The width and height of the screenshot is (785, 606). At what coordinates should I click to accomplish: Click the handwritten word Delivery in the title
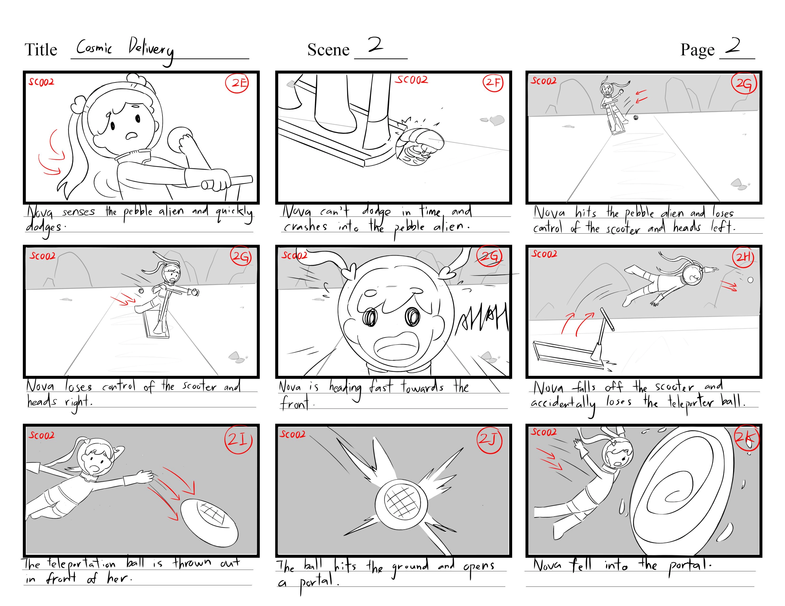click(151, 50)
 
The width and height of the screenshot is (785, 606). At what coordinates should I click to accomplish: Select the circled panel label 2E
click(237, 83)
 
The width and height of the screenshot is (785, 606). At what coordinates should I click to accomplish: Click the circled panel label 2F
click(493, 82)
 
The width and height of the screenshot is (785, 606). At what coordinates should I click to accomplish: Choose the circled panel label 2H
click(743, 257)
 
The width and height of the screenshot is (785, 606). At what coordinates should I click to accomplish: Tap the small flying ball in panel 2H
click(750, 280)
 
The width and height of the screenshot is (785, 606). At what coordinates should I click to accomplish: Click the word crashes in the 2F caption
click(305, 227)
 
